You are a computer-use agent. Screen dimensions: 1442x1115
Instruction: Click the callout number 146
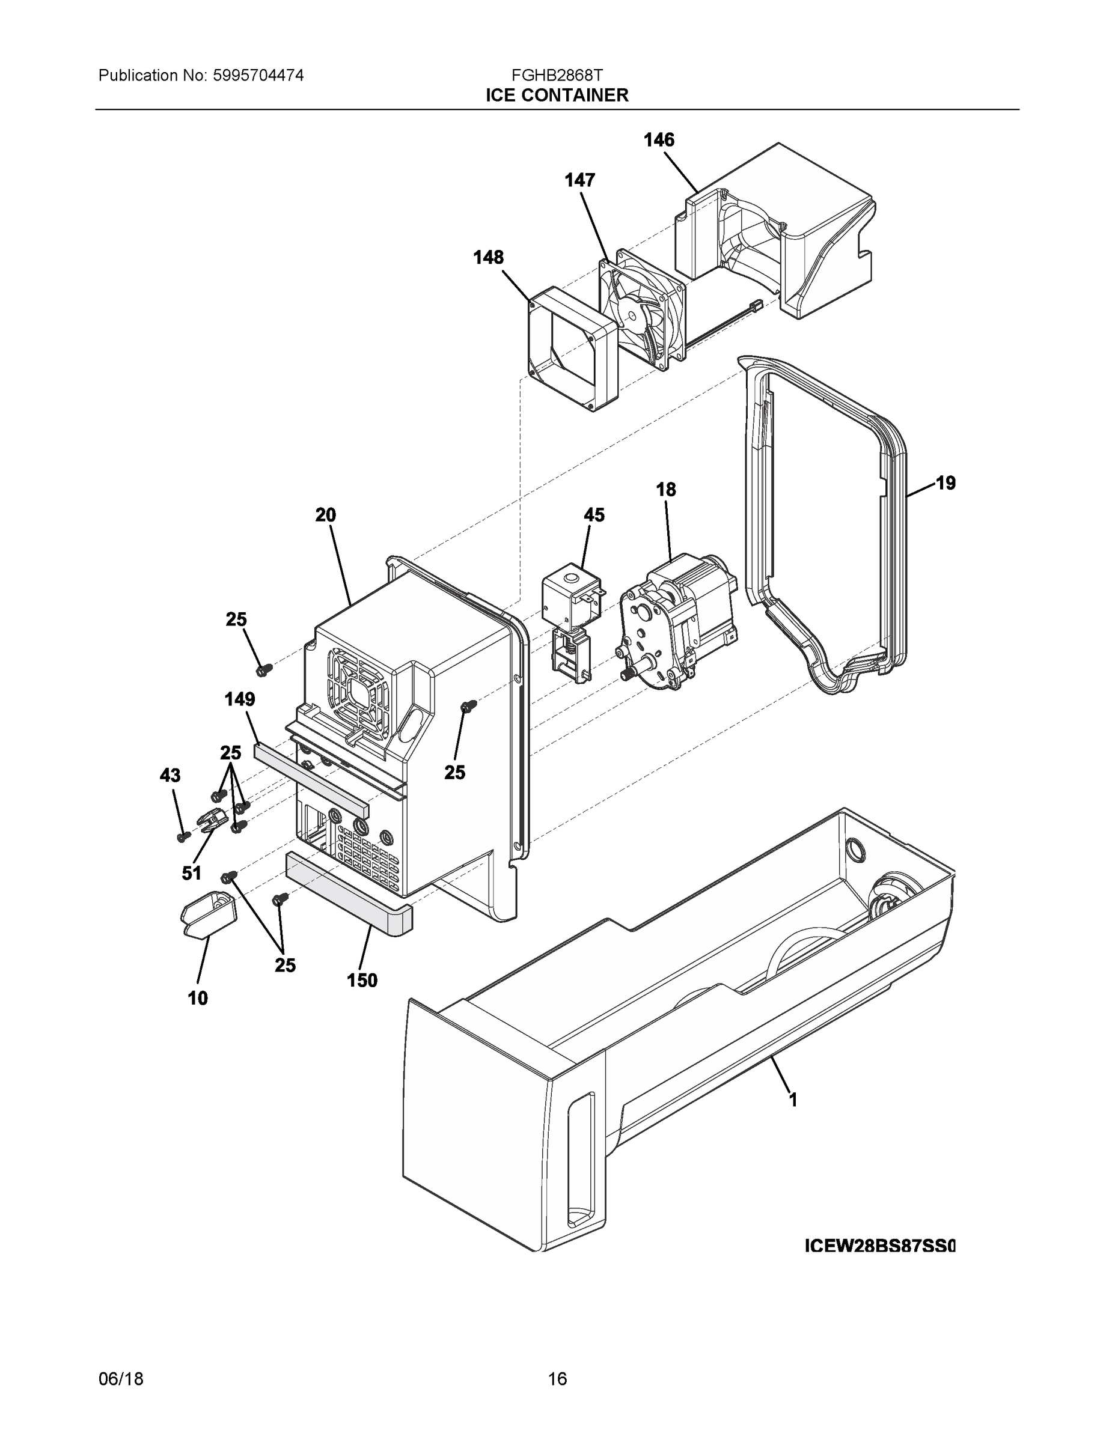(x=659, y=140)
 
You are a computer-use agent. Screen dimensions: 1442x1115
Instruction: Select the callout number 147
(x=579, y=180)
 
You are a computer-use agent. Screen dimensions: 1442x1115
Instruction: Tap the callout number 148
(x=488, y=258)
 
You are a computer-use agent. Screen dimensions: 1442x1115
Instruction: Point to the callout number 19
(x=945, y=483)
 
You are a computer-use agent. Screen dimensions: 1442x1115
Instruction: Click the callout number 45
(x=593, y=515)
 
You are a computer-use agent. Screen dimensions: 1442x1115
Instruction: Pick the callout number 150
(x=362, y=981)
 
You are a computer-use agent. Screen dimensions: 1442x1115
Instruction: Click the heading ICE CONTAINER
(x=557, y=96)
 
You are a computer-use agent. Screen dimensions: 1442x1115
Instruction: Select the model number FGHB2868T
(x=557, y=75)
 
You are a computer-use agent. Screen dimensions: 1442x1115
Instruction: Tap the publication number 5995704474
(x=258, y=75)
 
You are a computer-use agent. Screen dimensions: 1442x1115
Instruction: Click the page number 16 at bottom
(x=557, y=1380)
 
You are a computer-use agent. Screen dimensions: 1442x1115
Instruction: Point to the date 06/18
(x=121, y=1380)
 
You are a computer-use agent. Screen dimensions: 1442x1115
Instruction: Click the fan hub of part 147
(x=634, y=314)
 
